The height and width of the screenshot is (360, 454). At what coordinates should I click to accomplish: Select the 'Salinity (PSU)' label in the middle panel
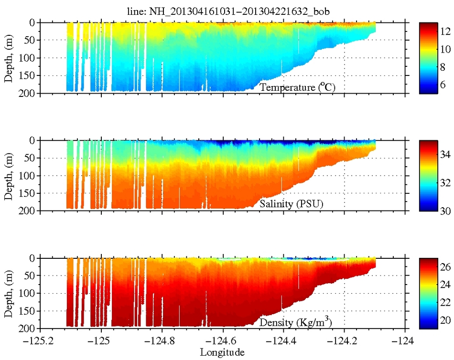tap(291, 204)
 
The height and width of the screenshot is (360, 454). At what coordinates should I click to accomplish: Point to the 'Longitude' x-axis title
tap(222, 353)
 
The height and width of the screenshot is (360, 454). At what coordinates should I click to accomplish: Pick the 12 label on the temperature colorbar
tap(445, 31)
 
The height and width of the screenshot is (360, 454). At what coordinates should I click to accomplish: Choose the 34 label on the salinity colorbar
tap(445, 155)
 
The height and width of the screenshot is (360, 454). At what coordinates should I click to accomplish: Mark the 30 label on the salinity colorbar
tap(445, 210)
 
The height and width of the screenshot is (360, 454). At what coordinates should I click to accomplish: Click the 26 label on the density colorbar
tap(445, 267)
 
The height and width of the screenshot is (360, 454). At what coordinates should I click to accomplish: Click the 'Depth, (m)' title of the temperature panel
tap(9, 58)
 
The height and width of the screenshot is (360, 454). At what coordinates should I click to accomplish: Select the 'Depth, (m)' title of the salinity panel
tap(9, 176)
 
